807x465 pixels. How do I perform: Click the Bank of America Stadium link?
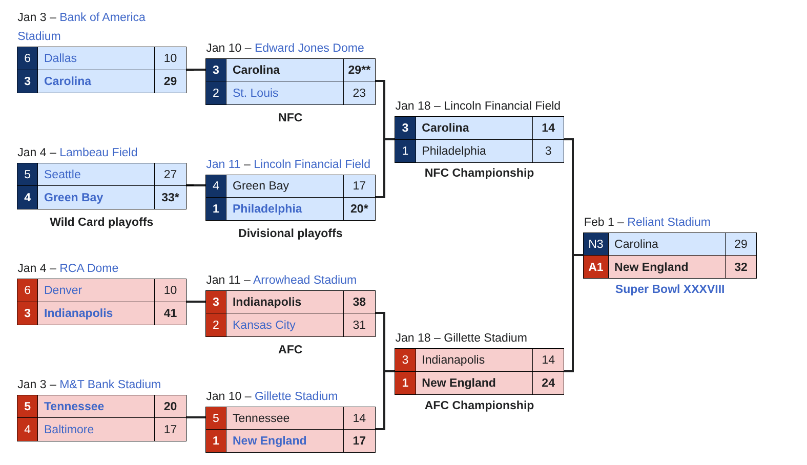102,17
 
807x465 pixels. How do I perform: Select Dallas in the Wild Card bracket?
60,58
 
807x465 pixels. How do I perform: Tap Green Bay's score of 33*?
170,198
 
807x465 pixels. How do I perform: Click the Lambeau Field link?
98,153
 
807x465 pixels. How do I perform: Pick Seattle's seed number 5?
28,175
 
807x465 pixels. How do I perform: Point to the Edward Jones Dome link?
309,48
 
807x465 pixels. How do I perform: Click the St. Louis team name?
255,93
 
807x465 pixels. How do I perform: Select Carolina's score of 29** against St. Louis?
359,70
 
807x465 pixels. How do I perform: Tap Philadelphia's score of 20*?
359,209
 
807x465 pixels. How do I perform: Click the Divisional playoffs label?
290,234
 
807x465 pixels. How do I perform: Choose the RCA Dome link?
89,268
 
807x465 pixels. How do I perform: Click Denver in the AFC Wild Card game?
63,290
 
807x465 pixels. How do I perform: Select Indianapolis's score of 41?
170,313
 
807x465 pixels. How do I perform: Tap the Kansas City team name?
264,325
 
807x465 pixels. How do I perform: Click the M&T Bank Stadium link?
110,385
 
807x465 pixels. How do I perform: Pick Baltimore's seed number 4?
28,430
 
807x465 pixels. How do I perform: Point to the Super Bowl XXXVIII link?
670,289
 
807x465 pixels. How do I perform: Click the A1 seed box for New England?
595,267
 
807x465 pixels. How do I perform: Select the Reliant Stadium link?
669,222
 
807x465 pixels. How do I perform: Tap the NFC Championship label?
479,173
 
